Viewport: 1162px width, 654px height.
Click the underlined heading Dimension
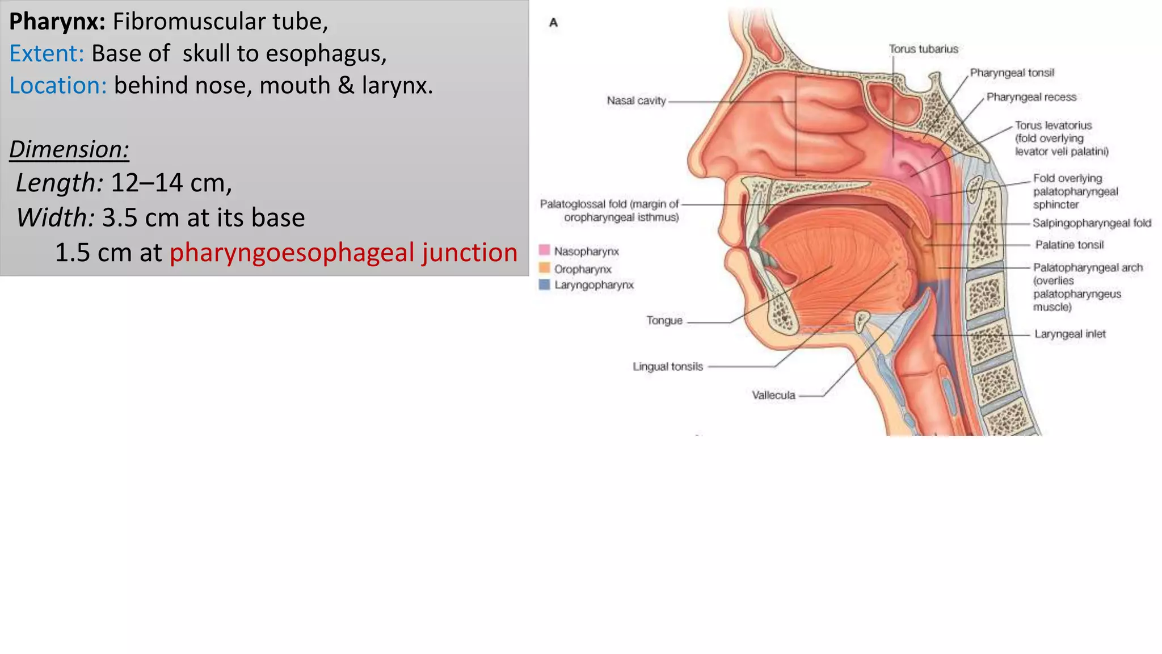[69, 149]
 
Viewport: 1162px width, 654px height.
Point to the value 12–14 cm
[171, 183]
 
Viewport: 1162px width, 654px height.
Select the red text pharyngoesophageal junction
[343, 253]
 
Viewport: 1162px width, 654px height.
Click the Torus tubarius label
[923, 49]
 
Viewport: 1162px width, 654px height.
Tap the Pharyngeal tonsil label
[1012, 73]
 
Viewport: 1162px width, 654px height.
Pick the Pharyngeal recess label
[1031, 97]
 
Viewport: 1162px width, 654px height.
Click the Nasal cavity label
[636, 101]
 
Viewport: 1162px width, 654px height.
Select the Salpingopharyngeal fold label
[1092, 223]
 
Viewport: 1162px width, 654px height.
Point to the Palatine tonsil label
[1069, 245]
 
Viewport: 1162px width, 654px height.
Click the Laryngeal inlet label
[1070, 334]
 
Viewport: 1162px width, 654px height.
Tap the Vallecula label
[773, 395]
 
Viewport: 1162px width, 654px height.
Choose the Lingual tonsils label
[668, 367]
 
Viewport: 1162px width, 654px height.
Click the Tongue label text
[664, 321]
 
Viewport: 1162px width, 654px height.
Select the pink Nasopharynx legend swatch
[545, 250]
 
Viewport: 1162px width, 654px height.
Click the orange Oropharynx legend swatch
[545, 268]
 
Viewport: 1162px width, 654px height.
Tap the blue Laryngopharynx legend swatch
[545, 284]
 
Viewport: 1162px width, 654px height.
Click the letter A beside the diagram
[554, 23]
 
